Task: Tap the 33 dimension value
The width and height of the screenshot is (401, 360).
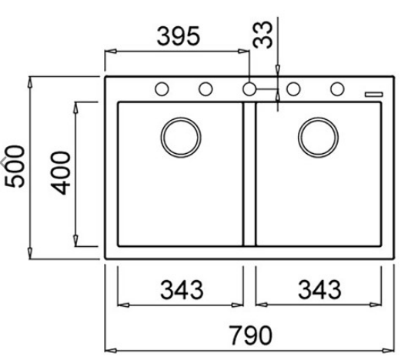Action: pyautogui.click(x=266, y=35)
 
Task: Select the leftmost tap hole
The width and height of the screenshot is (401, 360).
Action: pyautogui.click(x=162, y=88)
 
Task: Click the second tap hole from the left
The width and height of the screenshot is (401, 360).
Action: pyautogui.click(x=206, y=88)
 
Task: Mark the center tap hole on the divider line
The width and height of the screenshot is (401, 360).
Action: pyautogui.click(x=249, y=88)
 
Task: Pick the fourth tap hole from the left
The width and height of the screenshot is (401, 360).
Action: pyautogui.click(x=293, y=88)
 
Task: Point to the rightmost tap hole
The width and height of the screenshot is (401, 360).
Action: pyautogui.click(x=336, y=88)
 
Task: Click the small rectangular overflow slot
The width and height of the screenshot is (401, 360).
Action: pyautogui.click(x=373, y=92)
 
